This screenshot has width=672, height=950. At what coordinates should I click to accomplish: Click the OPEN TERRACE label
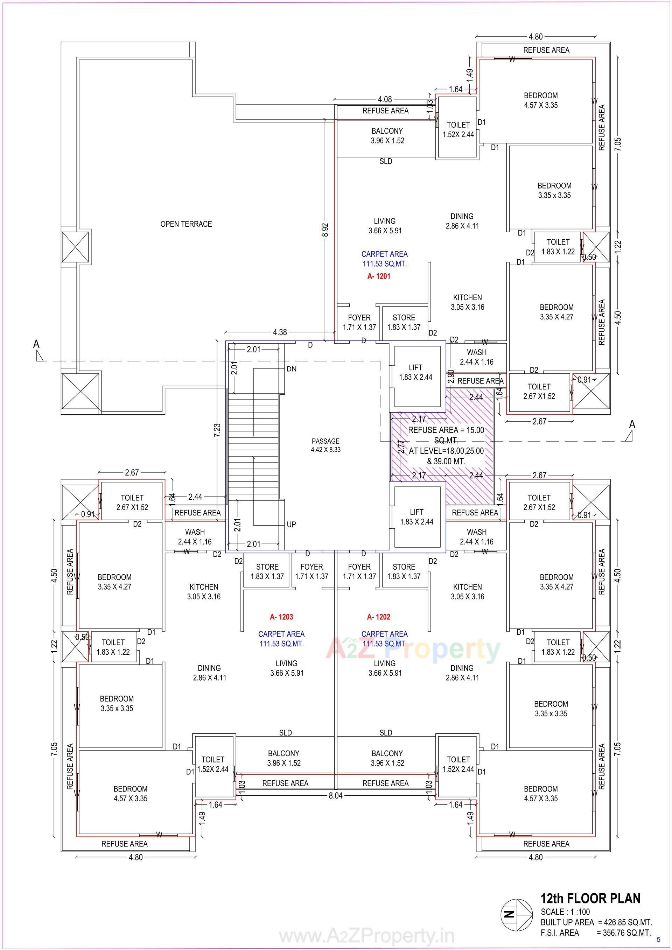click(x=186, y=224)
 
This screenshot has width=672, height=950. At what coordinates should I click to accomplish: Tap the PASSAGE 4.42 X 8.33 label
click(x=325, y=445)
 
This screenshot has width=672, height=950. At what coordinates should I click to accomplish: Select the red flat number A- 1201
click(x=379, y=276)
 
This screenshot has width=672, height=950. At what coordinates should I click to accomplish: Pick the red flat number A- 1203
click(x=281, y=617)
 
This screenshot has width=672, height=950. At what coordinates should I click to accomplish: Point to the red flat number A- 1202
click(x=379, y=617)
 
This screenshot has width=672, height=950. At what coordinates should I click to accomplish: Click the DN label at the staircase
click(x=291, y=369)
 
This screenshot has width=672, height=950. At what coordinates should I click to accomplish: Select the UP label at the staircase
click(x=291, y=524)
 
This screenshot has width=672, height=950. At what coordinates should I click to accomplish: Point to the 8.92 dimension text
click(x=325, y=230)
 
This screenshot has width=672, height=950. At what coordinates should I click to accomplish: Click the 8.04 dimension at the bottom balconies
click(x=336, y=795)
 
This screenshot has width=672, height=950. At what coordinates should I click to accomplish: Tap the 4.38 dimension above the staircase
click(x=280, y=332)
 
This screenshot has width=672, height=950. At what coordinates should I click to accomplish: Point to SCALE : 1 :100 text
click(x=565, y=912)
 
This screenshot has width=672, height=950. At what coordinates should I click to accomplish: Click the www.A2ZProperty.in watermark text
click(x=366, y=936)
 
